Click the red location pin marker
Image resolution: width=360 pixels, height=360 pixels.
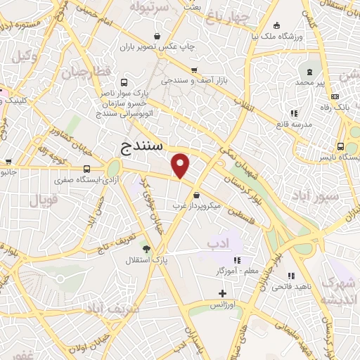pyautogui.click(x=181, y=166)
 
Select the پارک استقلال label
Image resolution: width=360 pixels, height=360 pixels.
pyautogui.click(x=148, y=262)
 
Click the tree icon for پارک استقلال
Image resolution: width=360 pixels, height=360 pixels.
pyautogui.click(x=147, y=248)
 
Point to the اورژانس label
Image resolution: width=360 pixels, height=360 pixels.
pyautogui.click(x=224, y=306)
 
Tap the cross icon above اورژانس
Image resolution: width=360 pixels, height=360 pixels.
pyautogui.click(x=223, y=293)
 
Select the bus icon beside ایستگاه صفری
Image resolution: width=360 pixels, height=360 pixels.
pyautogui.click(x=86, y=169)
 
